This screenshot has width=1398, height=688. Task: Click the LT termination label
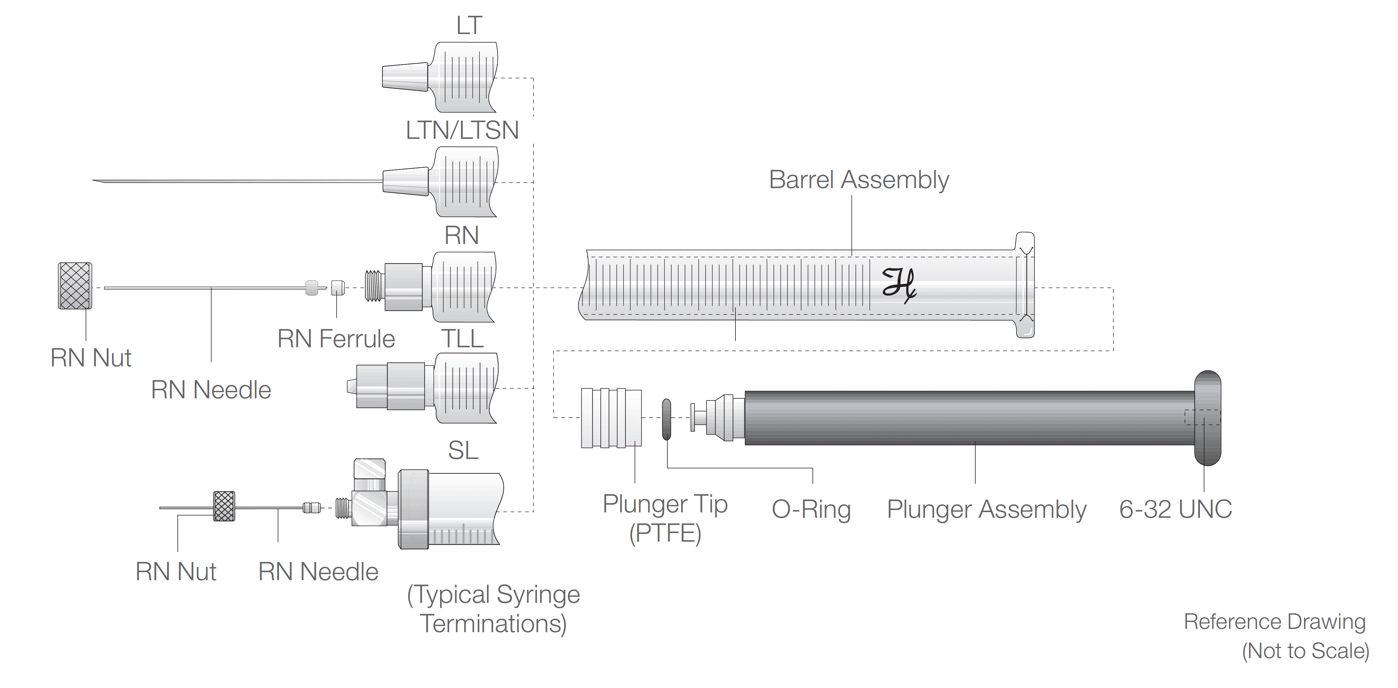[469, 25]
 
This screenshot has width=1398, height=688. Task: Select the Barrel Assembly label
[859, 179]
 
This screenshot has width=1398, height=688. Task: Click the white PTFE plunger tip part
[611, 418]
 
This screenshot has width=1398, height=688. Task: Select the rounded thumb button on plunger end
[1207, 418]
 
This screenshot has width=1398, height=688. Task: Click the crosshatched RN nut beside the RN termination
[75, 286]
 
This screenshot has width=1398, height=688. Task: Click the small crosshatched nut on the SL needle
[224, 506]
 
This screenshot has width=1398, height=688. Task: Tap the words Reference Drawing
[1274, 622]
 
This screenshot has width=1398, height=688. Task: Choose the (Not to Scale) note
[1305, 651]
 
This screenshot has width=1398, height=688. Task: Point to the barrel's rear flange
[1025, 285]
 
